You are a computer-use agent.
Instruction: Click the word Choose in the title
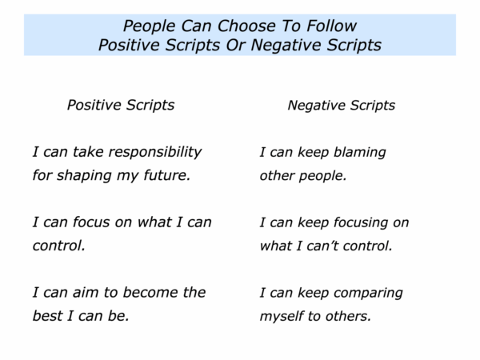[246, 26]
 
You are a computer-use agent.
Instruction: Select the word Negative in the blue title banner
[286, 46]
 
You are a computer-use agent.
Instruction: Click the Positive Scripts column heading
[121, 105]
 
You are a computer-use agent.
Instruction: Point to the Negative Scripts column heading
[342, 106]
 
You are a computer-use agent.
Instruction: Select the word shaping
[84, 176]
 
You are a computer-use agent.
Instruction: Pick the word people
[322, 176]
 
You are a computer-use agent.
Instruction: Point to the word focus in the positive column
[92, 222]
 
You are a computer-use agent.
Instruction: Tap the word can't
[322, 246]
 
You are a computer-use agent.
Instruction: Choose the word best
[47, 316]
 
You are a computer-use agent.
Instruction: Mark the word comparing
[368, 294]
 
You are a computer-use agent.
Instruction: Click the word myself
[282, 317]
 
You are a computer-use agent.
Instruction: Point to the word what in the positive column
[154, 222]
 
